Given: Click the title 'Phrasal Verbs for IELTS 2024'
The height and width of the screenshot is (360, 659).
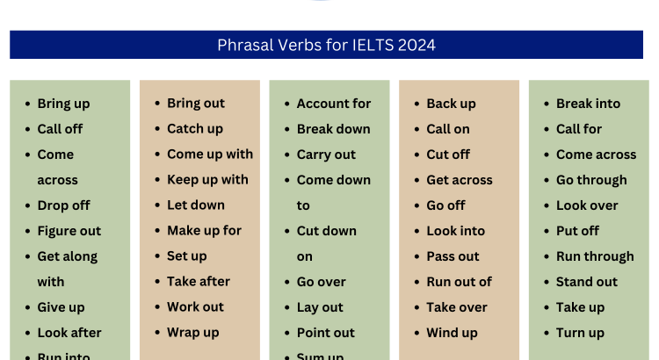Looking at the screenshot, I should pos(326,45).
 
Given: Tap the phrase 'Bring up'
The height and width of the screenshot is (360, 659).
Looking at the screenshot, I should pos(63,104).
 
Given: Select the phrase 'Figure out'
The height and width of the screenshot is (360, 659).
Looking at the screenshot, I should pos(69,231).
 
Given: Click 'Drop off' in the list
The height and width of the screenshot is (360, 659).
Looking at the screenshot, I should pos(63,205).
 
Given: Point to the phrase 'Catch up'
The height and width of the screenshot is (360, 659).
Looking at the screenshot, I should pos(195,129).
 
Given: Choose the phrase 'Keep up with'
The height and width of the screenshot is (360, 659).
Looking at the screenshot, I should pos(207,180).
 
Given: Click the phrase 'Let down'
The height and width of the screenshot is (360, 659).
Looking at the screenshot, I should pos(196,205).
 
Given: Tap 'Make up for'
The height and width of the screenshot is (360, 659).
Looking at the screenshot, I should pos(204,231).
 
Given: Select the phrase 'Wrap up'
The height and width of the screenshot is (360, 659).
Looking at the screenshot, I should pos(193,333).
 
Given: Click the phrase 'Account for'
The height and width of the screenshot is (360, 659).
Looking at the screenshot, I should pos(334,104).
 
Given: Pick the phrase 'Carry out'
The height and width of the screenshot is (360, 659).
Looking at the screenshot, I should pos(326,155).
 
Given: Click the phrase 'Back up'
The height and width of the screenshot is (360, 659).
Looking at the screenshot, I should pos(451,104).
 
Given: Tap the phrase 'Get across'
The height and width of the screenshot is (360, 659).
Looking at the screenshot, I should pos(460,180).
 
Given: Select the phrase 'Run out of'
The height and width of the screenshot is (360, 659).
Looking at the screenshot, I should pos(459,282).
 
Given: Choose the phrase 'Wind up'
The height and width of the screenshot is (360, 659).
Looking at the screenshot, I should pos(452,333).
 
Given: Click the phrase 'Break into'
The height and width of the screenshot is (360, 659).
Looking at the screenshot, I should pos(588,104).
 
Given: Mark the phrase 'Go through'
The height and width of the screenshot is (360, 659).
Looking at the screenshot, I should pos(591,180).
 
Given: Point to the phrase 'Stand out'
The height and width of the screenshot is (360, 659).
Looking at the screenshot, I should pos(586,282).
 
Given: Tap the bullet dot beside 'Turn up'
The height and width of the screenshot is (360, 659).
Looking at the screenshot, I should pos(545,334).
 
